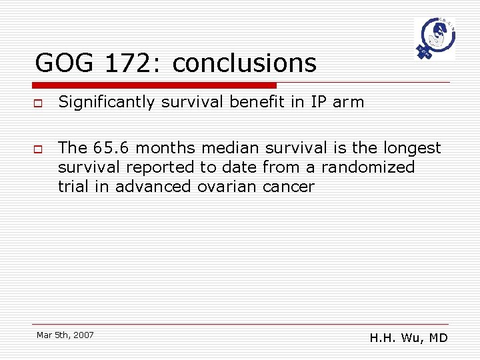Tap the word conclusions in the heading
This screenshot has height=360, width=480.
click(244, 63)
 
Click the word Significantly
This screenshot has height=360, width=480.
click(109, 102)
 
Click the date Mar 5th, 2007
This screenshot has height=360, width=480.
click(65, 335)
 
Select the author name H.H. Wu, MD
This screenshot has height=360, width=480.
click(409, 338)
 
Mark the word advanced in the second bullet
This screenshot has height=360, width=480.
click(153, 186)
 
